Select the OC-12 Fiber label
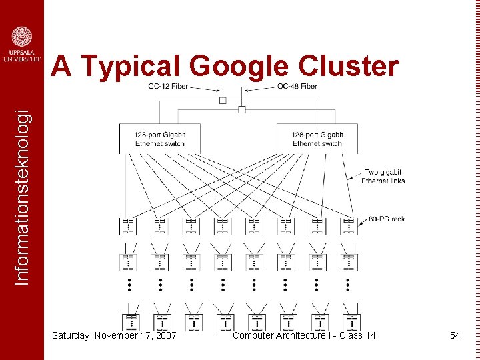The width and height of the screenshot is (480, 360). (x=168, y=86)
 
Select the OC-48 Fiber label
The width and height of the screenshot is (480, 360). (x=297, y=86)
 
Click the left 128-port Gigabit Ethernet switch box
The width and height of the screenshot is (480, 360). (x=159, y=139)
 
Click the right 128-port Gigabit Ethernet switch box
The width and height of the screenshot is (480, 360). (x=317, y=139)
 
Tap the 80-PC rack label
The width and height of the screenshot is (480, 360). (x=387, y=219)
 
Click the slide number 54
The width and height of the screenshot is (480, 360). (x=455, y=335)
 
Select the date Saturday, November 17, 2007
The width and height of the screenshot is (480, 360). (x=114, y=335)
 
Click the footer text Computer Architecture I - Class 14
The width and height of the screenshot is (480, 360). (x=304, y=335)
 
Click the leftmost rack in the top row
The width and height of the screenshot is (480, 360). (x=128, y=226)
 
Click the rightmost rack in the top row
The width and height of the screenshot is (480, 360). (x=349, y=226)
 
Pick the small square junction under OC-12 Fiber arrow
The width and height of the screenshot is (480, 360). (x=223, y=100)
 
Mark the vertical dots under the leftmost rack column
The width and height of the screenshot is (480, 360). (x=128, y=285)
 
